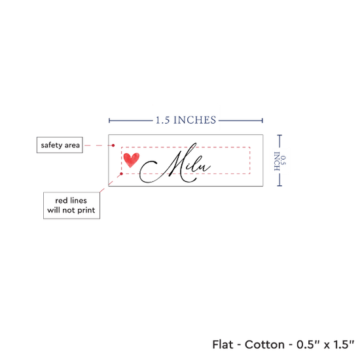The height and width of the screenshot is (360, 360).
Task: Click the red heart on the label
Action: tap(132, 160)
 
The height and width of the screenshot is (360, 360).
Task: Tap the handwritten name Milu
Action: tap(175, 163)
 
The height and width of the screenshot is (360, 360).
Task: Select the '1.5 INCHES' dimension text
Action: tap(186, 120)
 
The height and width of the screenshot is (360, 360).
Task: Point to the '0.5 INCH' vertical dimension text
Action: tap(280, 161)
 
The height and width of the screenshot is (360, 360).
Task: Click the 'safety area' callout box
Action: tap(60, 145)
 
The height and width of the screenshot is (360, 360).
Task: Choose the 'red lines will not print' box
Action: tap(71, 206)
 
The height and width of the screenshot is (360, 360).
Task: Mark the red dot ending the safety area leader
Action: tap(113, 145)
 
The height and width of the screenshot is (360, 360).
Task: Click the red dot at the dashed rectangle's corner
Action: tap(122, 174)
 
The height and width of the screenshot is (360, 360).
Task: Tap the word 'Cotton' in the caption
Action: tap(264, 344)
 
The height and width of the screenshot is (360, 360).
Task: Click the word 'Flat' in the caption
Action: tap(223, 344)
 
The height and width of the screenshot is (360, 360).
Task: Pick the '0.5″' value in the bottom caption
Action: tap(307, 344)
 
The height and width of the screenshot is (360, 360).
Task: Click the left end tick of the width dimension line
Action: tap(109, 120)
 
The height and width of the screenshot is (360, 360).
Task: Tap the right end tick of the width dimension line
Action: tap(262, 120)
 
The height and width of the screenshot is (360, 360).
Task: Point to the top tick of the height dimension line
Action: tap(279, 135)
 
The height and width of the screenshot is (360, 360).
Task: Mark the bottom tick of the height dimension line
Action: tap(279, 185)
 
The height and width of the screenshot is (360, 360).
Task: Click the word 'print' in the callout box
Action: tap(86, 210)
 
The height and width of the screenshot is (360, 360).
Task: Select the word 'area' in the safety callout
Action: tap(72, 145)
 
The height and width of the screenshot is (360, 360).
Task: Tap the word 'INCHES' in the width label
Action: tap(194, 120)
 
